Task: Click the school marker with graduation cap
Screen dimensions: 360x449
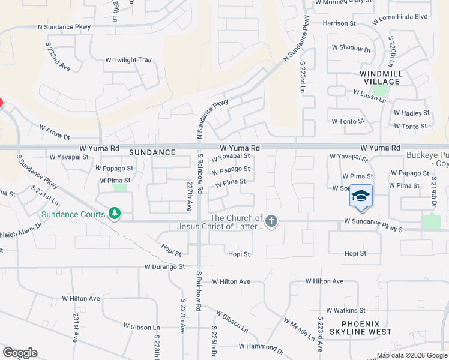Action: (361, 197)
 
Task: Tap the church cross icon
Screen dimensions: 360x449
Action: (271, 222)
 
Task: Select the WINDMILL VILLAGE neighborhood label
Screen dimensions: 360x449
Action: (380, 77)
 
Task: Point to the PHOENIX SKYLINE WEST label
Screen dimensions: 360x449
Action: (359, 327)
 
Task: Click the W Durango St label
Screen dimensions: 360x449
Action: (164, 266)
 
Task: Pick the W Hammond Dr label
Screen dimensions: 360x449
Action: (260, 346)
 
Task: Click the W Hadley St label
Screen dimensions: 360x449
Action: (411, 113)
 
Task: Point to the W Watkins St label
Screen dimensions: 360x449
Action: (344, 310)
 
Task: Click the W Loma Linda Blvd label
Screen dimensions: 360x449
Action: (400, 17)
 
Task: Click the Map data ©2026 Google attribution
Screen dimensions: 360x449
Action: (412, 355)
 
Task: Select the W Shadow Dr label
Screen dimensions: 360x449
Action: (351, 47)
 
